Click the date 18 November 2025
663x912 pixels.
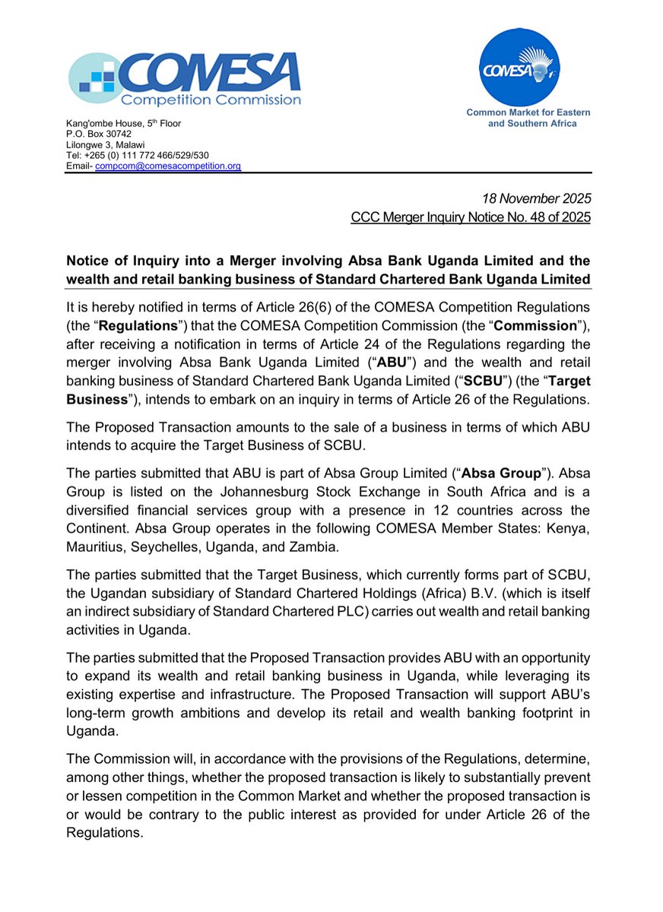click(537, 198)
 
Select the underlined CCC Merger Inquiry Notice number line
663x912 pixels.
click(471, 218)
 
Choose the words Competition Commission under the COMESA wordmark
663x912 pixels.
click(212, 100)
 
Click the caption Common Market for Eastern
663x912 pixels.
click(528, 112)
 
